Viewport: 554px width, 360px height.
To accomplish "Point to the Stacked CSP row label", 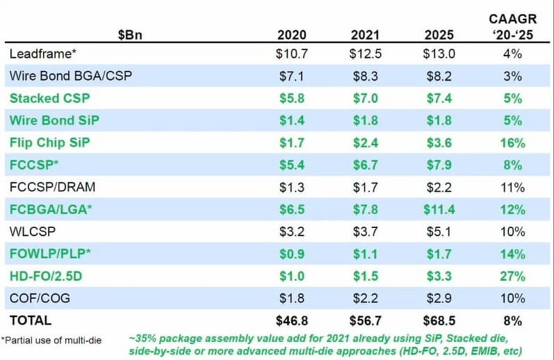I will click(49, 99).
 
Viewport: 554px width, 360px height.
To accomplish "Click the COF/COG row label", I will click(40, 298).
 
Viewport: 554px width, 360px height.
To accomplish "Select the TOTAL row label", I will click(31, 320).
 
